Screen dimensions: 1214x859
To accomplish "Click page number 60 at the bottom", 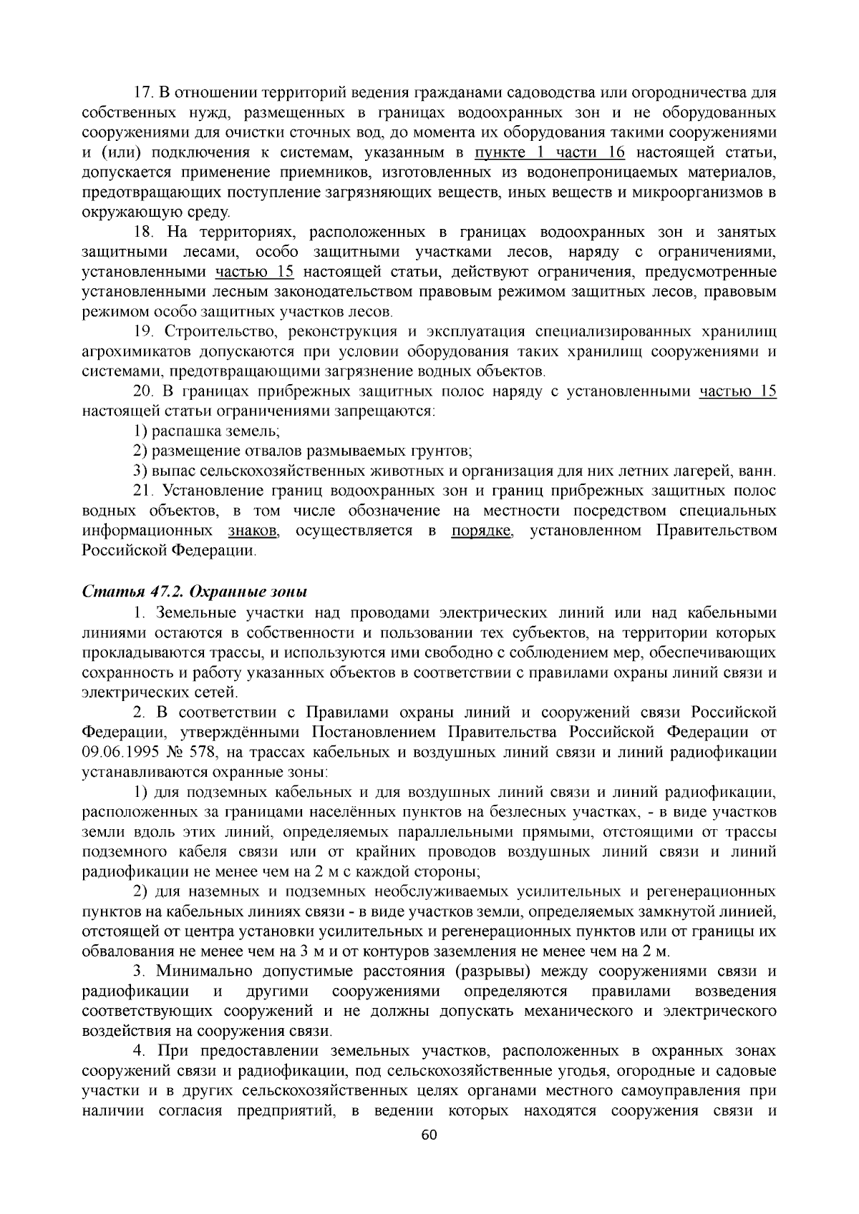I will pyautogui.click(x=429, y=1135).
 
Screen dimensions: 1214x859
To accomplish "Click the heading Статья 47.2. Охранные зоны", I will pyautogui.click(x=194, y=592).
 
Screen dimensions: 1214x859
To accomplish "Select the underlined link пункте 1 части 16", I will pyautogui.click(x=550, y=152).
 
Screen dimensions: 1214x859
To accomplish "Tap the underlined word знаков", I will pyautogui.click(x=253, y=531).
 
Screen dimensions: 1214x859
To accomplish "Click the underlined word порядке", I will pyautogui.click(x=482, y=531).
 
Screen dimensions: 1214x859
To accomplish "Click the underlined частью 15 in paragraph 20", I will pyautogui.click(x=737, y=391).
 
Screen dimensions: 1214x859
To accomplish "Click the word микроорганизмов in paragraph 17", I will pyautogui.click(x=706, y=192).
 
